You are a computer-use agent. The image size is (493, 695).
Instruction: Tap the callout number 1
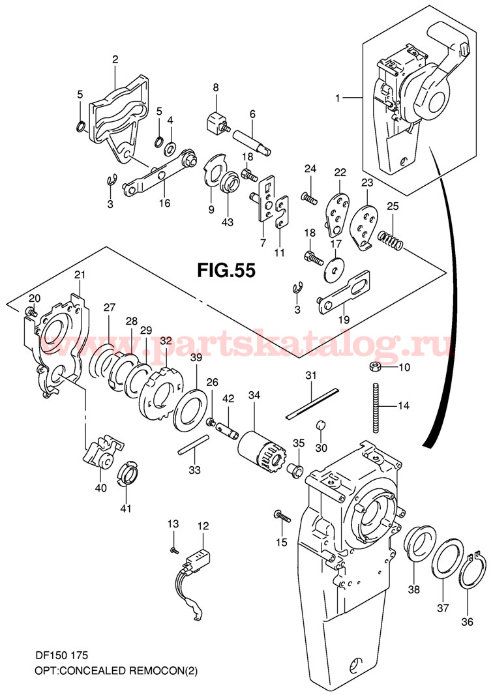(x=337, y=98)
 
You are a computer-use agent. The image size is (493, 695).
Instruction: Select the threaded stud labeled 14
(x=376, y=407)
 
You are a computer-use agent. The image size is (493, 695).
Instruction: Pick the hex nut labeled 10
(x=376, y=367)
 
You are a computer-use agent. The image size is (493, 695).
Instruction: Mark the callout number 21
(x=79, y=275)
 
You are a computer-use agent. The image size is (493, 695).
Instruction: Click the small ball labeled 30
(x=320, y=426)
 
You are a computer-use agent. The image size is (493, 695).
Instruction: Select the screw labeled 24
(x=308, y=194)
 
